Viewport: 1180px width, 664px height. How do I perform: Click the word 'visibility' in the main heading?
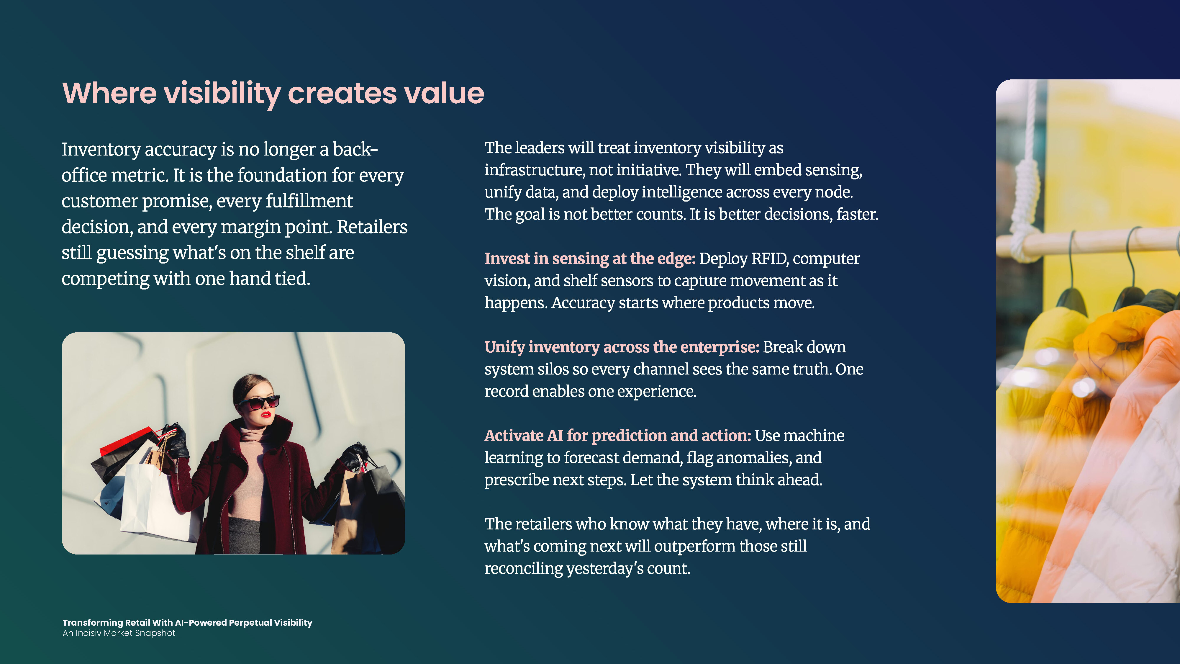point(222,94)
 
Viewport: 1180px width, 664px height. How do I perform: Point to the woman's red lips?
point(266,415)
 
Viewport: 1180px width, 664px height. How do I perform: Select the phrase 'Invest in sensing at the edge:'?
point(590,259)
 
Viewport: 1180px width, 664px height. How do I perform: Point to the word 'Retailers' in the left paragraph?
point(372,227)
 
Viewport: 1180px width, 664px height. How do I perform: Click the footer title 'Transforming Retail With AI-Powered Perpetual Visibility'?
point(187,622)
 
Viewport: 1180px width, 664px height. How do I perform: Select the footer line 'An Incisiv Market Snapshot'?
point(119,633)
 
